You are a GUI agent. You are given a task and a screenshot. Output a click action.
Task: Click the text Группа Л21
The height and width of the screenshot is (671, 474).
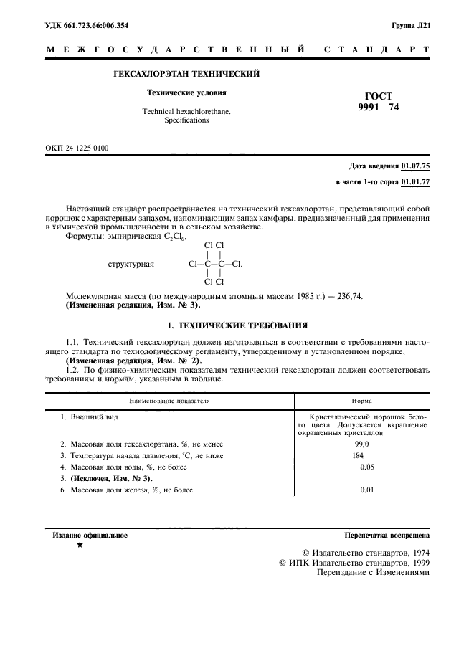(x=411, y=26)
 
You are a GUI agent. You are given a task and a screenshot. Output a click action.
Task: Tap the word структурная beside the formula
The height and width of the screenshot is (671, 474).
(x=131, y=264)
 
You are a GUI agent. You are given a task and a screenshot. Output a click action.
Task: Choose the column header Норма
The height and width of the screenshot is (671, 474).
(x=362, y=401)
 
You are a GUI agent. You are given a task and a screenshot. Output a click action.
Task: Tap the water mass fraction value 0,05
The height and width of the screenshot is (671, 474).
(x=366, y=467)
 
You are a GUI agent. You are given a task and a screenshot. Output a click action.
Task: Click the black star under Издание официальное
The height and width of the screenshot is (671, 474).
(x=80, y=546)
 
